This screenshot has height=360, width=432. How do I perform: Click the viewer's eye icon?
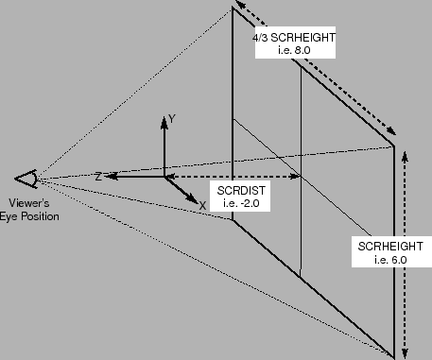click(x=26, y=178)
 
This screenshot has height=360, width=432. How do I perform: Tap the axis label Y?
click(x=171, y=119)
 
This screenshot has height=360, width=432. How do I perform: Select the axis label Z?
click(x=97, y=176)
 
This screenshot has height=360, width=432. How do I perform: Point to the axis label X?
click(x=201, y=203)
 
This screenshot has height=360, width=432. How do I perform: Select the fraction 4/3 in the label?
click(x=262, y=39)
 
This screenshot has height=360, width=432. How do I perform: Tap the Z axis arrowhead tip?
click(x=107, y=176)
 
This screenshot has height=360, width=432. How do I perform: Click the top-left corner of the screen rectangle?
click(x=233, y=9)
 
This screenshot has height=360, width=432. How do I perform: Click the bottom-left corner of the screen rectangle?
click(x=233, y=220)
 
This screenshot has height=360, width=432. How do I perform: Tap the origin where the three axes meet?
click(x=164, y=176)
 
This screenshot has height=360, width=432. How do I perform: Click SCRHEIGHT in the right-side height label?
click(x=386, y=246)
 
